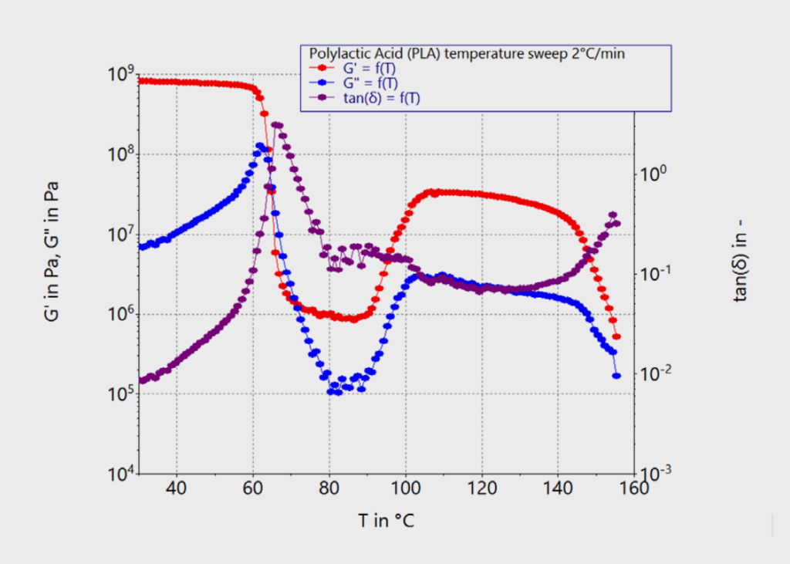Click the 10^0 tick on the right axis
[653, 174]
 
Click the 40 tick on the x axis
[177, 490]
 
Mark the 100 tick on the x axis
[405, 490]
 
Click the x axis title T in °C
[386, 521]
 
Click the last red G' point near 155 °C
[616, 336]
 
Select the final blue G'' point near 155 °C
[616, 376]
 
